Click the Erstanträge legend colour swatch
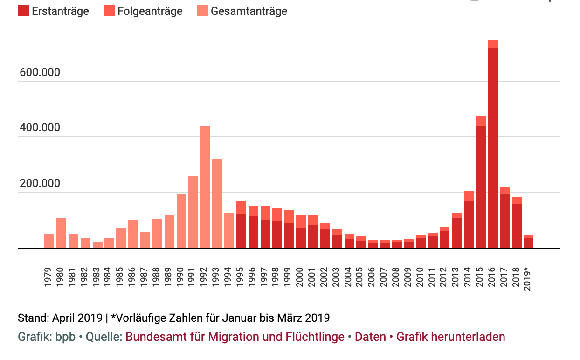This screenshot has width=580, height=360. point(23,11)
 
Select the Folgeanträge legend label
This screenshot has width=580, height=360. point(150,11)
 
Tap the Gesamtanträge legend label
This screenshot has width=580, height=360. point(249,11)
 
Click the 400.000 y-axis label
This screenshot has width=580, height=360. point(40,127)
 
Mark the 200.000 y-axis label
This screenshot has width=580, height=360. point(40,183)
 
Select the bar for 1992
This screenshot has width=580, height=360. point(205,187)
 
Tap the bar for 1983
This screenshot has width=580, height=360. point(97,245)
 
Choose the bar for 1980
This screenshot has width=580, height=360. point(61,233)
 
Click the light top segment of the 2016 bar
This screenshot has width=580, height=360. point(493,44)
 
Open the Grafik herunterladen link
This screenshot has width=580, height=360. point(450,337)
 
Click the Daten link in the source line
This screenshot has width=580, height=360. point(370,337)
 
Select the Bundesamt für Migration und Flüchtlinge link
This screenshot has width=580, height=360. point(235,337)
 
